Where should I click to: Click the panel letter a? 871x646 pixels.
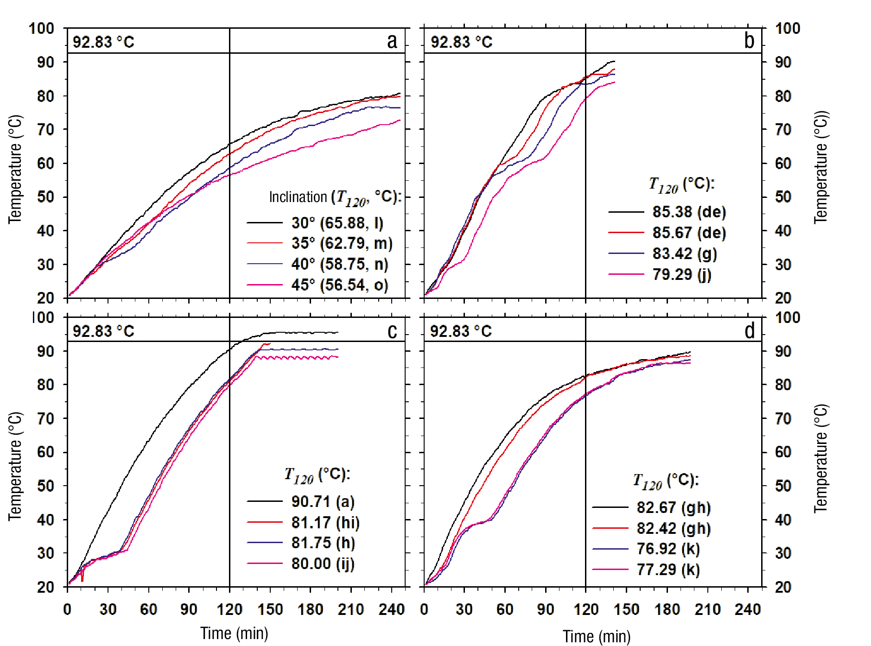point(392,41)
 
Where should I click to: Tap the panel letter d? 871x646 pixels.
point(750,330)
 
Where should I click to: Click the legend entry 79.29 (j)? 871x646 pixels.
point(681,274)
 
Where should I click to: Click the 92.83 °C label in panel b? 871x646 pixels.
point(461,42)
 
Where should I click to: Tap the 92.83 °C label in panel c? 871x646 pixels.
point(103,331)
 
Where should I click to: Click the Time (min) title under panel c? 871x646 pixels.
point(234,633)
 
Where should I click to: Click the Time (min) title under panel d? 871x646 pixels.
point(597,636)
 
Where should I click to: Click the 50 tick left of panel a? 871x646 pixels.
point(45,197)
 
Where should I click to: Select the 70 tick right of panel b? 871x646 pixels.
point(783,129)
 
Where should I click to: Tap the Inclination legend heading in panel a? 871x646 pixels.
point(335,197)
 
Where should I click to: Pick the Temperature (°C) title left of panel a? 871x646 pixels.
point(15,169)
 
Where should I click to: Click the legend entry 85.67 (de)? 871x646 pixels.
point(689,233)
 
